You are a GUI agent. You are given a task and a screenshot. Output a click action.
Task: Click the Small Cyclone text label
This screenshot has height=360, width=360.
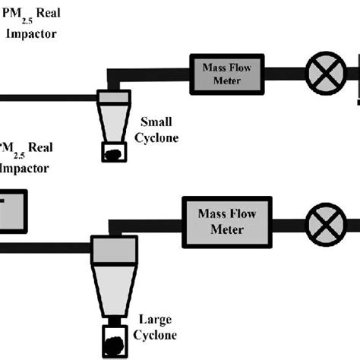point(156,128)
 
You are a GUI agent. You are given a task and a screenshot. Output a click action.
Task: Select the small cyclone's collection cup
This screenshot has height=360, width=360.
point(114,151)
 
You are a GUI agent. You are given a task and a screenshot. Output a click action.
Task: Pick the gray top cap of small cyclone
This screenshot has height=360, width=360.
point(114,98)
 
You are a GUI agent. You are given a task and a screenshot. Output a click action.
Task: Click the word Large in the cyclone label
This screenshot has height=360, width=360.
point(155,321)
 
